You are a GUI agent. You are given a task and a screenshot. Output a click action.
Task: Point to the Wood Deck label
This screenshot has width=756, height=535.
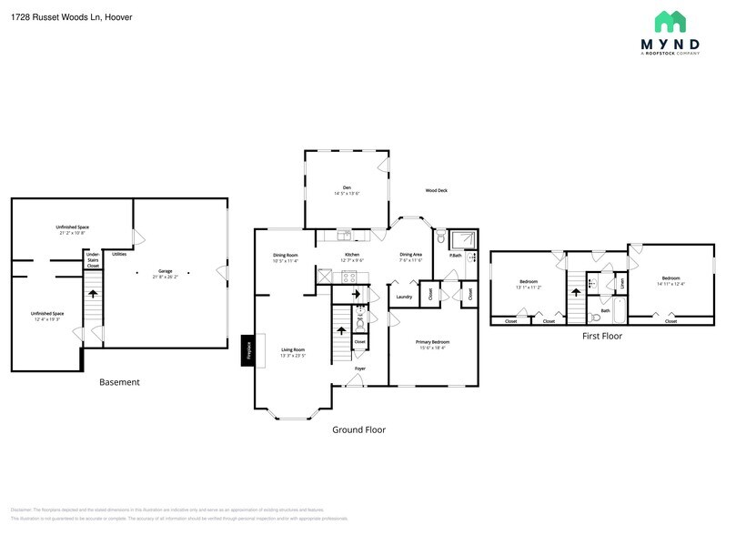pyautogui.click(x=437, y=190)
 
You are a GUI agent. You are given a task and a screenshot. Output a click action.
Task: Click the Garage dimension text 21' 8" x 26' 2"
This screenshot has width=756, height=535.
pyautogui.click(x=166, y=277)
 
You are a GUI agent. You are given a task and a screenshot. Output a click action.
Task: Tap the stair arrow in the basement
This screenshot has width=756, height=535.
pyautogui.click(x=92, y=294)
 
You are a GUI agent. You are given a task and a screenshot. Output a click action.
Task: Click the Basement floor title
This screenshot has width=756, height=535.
pyautogui.click(x=119, y=382)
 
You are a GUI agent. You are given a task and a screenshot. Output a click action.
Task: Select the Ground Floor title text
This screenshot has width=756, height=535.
pyautogui.click(x=358, y=429)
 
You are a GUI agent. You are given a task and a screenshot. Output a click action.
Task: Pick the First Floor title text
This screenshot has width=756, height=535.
pyautogui.click(x=601, y=336)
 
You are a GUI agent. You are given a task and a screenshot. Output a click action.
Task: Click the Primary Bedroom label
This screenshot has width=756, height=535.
pyautogui.click(x=434, y=341)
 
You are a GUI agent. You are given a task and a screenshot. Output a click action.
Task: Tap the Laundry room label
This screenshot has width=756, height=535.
pyautogui.click(x=405, y=297)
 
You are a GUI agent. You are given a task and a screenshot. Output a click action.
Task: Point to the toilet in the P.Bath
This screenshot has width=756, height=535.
pyautogui.click(x=440, y=239)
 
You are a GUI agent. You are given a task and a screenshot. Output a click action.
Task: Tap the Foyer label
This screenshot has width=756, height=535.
pyautogui.click(x=373, y=368)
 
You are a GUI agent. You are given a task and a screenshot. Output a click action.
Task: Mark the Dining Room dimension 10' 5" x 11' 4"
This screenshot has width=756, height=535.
pyautogui.click(x=286, y=260)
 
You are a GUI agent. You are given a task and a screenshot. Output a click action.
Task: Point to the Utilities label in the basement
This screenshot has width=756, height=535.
pyautogui.click(x=119, y=254)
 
